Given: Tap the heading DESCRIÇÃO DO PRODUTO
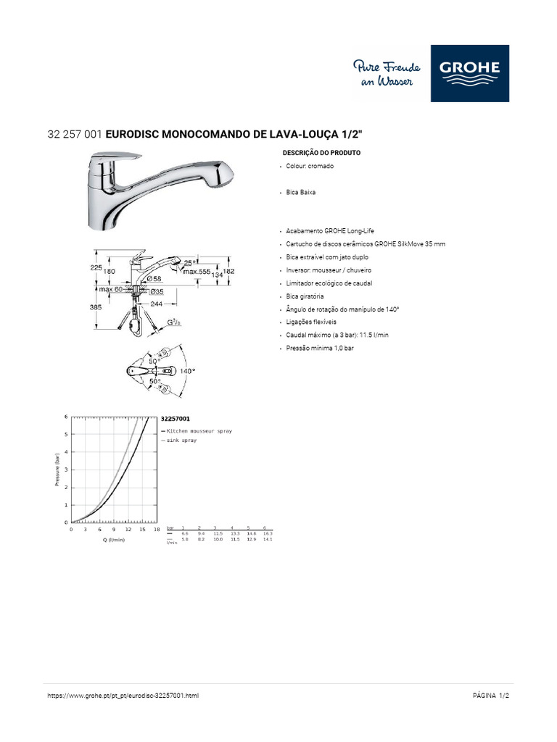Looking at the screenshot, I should [x=321, y=154].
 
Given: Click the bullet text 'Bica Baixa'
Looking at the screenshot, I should [x=301, y=193].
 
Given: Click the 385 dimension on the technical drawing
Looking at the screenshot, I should [x=96, y=307].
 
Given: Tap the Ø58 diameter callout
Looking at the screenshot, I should [x=153, y=278].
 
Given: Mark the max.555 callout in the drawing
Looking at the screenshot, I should [x=197, y=272].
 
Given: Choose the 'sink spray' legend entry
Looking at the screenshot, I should [x=182, y=440].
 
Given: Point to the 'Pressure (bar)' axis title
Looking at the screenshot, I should [x=57, y=470].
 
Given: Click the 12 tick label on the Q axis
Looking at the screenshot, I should [x=128, y=530].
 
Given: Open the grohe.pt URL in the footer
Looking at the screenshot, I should [x=123, y=696].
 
